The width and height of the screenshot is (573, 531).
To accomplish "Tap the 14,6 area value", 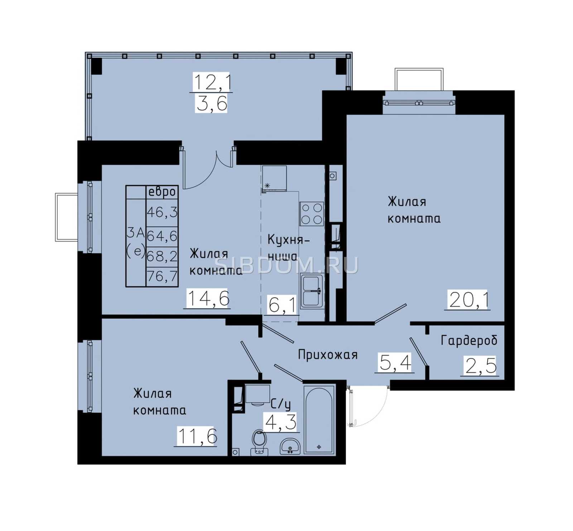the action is click(x=208, y=298).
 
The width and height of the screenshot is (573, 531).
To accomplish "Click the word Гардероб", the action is click(x=469, y=340).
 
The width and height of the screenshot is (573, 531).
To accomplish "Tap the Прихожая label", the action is click(x=328, y=354).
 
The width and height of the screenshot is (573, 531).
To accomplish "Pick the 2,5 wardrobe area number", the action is click(x=481, y=366).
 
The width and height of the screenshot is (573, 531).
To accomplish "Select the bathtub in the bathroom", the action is click(x=319, y=419).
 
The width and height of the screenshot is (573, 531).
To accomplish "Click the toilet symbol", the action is click(x=259, y=442).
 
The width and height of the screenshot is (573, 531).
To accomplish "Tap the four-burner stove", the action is click(x=312, y=214).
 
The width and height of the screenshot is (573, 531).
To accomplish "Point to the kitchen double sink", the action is click(x=312, y=291).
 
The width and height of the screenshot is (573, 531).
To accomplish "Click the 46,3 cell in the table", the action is click(x=162, y=212).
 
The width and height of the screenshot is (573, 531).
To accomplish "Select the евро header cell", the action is click(x=162, y=192).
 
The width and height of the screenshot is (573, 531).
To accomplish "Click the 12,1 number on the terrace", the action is click(x=212, y=82).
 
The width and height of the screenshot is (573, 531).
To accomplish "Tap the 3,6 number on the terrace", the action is click(x=212, y=103).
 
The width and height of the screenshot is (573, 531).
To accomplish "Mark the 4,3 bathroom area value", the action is click(x=280, y=422).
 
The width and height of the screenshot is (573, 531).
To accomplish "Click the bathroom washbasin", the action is click(x=290, y=446).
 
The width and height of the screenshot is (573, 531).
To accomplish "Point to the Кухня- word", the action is click(x=288, y=240).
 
